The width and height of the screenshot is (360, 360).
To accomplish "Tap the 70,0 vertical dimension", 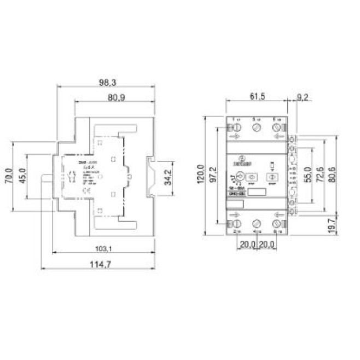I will (8, 176).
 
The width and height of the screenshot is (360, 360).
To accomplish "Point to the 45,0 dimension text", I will (22, 176).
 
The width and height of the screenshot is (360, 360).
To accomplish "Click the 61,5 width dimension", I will (257, 96).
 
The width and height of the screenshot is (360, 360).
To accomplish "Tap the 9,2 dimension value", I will (301, 96).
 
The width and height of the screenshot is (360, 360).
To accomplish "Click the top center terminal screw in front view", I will (257, 128).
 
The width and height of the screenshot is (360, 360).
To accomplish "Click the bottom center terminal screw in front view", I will (257, 224).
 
